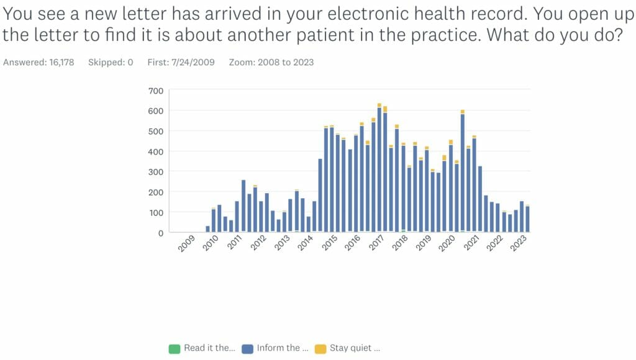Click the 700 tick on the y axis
(155, 91)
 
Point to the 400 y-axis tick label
(155, 151)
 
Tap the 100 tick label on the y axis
(155, 212)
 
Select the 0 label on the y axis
(160, 233)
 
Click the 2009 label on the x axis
(186, 243)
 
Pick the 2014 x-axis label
(305, 243)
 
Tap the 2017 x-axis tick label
(376, 243)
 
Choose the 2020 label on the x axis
(447, 243)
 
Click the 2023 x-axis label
(518, 243)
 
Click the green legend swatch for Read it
(175, 349)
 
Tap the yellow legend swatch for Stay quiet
(320, 349)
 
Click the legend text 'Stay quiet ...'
(355, 348)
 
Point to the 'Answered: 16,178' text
(39, 62)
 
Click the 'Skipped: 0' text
(111, 62)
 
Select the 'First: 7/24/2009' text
(181, 62)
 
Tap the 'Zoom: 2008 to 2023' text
(271, 62)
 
